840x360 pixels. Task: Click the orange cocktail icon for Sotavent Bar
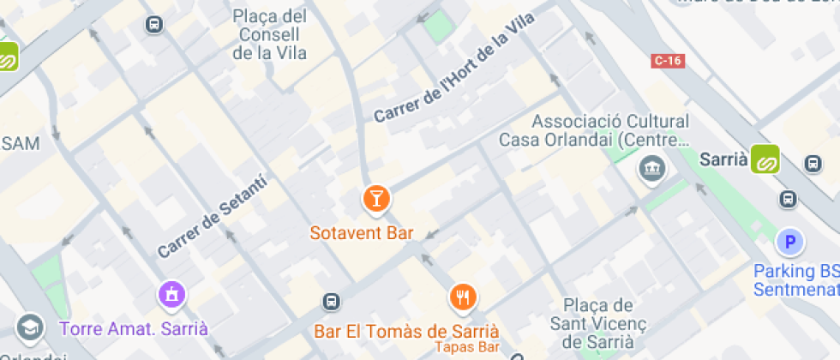coord(375,199)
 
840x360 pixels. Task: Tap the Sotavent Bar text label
coord(362,233)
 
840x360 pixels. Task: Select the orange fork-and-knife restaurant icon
coord(463,297)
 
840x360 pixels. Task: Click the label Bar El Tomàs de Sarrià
coord(406,332)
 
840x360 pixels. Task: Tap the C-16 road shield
coord(667,60)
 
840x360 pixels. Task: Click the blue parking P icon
coord(789,242)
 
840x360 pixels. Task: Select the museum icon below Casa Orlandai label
coord(651,168)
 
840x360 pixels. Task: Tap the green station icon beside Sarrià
coord(765,159)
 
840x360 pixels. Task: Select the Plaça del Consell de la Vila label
coord(270,34)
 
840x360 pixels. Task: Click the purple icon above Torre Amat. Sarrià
coord(172,296)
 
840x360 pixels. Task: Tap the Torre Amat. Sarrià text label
coord(133,328)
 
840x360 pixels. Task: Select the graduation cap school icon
coord(29,327)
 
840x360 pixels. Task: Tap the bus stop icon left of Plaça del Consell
coord(154,25)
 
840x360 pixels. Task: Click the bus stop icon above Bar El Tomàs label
coord(332,302)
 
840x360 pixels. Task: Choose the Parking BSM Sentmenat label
coord(795,280)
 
